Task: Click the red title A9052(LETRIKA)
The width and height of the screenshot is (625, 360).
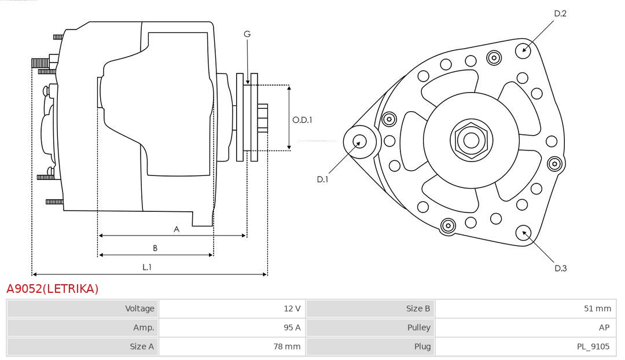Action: [52, 288]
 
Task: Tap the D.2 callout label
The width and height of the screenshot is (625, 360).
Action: [560, 13]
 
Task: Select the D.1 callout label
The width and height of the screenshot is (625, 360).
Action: [322, 179]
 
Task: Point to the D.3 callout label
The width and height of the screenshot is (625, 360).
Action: [560, 268]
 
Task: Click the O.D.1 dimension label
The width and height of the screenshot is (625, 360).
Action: [302, 120]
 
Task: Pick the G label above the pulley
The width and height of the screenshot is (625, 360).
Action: [247, 34]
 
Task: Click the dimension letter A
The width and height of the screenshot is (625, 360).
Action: [177, 229]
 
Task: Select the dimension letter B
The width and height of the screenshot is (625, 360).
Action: [155, 248]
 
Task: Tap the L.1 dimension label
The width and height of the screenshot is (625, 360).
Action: [147, 267]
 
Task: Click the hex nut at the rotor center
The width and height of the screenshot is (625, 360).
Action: [471, 140]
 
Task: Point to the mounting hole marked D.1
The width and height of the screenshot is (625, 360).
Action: [359, 141]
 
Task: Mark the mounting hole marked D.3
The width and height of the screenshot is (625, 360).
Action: [524, 233]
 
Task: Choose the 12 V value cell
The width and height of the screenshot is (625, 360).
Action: [292, 308]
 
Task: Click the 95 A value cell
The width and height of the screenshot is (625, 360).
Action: [292, 328]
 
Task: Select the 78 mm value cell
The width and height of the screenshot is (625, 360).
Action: [289, 347]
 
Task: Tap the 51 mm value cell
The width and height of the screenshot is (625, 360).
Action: [597, 308]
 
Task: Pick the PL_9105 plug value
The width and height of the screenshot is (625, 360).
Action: [593, 347]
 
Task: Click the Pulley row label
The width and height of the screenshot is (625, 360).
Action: [418, 328]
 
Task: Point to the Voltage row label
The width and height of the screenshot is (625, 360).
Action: [139, 308]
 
